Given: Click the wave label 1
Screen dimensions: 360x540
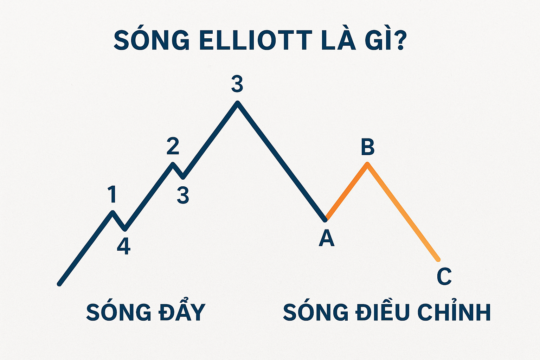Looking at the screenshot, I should pos(112,194).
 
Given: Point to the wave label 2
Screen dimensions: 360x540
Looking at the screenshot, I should pos(173,146).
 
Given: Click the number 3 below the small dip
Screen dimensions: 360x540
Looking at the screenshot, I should pos(183,195).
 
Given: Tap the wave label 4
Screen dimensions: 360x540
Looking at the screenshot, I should pos(124,246).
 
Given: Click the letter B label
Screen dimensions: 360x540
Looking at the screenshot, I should pos(367,147).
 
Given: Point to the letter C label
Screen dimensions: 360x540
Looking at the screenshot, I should pos(444,276).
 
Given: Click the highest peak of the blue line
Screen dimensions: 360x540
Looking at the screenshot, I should pos(238,103).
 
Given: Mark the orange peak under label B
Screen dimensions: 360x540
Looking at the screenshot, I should pos(367,164).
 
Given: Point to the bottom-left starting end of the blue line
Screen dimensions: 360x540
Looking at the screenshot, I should pos(59,284).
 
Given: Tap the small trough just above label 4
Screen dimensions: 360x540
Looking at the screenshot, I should pos(125,230).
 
